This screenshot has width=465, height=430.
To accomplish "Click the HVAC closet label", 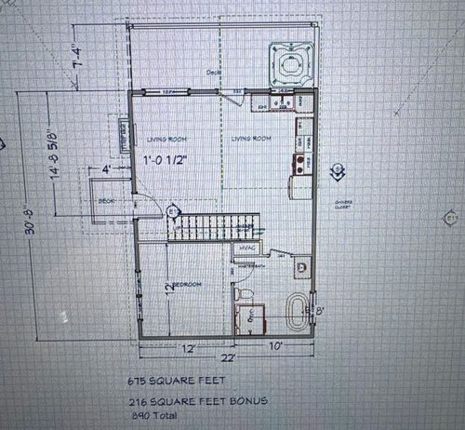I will point(246,249).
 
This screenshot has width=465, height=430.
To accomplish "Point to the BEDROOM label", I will point(188,284).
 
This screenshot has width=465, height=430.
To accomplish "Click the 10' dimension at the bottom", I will point(277,346).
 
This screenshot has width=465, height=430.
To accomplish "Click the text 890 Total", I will point(154,416).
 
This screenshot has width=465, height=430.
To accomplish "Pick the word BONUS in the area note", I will point(250,402).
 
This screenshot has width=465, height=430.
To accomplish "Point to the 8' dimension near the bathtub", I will point(320,310).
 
